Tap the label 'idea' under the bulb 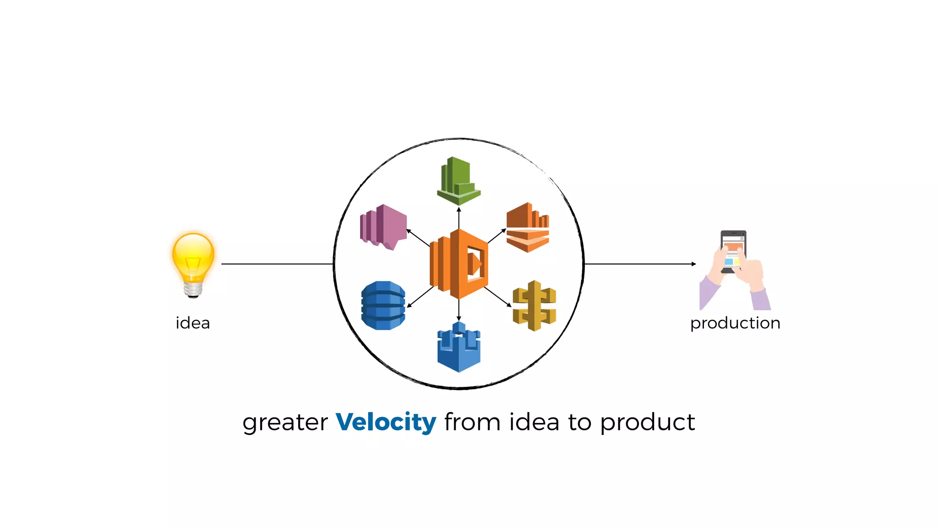[193, 323]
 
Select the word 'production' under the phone [735, 323]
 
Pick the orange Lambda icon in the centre [458, 264]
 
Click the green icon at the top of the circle [458, 181]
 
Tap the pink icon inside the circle [383, 226]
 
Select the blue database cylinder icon [383, 305]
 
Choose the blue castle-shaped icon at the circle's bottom [458, 347]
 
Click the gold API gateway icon [534, 305]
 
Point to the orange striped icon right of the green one [528, 227]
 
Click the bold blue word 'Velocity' [386, 422]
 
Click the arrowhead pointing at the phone [693, 264]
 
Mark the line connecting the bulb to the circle [277, 264]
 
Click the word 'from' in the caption [472, 422]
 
